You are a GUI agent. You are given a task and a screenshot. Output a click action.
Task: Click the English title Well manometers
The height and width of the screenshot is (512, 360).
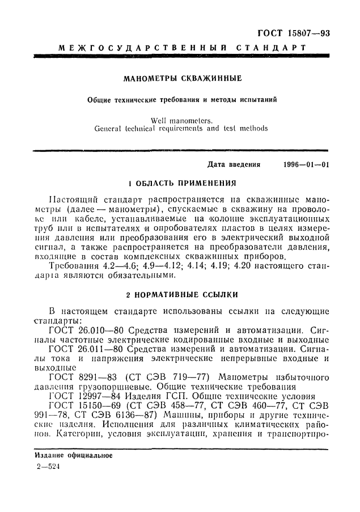point(181,120)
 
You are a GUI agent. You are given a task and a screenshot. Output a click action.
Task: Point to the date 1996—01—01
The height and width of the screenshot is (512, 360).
point(306,165)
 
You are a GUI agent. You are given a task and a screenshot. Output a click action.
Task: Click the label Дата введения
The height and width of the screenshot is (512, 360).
point(234,165)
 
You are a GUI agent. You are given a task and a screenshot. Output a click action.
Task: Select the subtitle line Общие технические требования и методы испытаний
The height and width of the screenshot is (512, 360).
point(182,99)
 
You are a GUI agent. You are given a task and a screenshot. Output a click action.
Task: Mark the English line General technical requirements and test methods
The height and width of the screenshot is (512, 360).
point(181,128)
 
